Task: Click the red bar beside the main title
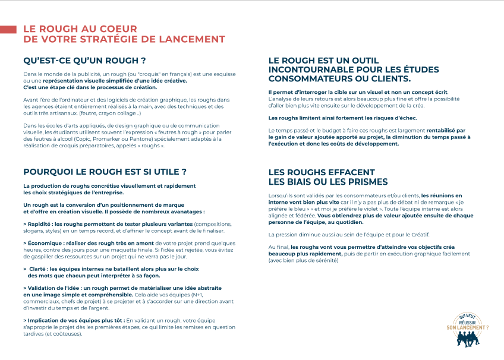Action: point(8,29)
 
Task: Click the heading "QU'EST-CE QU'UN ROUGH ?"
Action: point(84,61)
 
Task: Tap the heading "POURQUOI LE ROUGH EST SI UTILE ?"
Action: point(105,172)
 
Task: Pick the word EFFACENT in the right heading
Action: point(351,172)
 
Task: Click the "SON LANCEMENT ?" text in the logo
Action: point(468,327)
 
